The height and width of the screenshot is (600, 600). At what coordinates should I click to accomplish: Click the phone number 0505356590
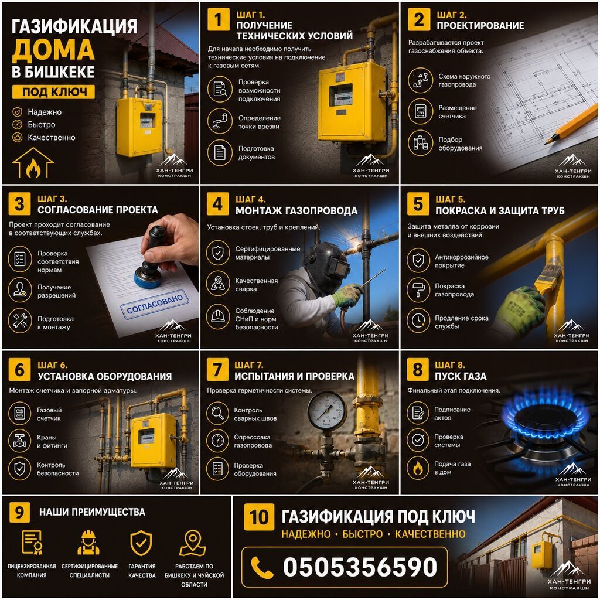pyautogui.click(x=360, y=567)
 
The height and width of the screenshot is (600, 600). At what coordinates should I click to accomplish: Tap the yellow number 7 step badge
pyautogui.click(x=217, y=370)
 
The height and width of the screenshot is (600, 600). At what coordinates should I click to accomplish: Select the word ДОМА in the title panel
pyautogui.click(x=53, y=50)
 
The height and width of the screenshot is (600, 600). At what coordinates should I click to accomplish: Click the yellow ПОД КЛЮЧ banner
pyautogui.click(x=53, y=92)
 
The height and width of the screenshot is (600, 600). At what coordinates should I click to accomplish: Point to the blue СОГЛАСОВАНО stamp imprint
pyautogui.click(x=155, y=304)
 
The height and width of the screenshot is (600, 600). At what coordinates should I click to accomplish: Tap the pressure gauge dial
pyautogui.click(x=327, y=410)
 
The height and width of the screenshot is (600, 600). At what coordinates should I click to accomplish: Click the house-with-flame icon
pyautogui.click(x=33, y=163)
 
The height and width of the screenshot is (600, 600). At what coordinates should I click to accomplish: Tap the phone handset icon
pyautogui.click(x=262, y=567)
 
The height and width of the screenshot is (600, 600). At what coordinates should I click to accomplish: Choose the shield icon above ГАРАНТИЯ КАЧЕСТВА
pyautogui.click(x=141, y=543)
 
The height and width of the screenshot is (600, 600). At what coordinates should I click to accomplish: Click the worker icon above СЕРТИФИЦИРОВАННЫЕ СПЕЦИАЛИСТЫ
pyautogui.click(x=88, y=542)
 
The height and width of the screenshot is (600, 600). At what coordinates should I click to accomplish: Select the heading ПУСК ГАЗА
pyautogui.click(x=461, y=377)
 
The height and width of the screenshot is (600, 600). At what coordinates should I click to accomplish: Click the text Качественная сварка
pyautogui.click(x=257, y=285)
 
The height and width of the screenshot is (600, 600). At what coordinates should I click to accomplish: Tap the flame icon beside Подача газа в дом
pyautogui.click(x=418, y=468)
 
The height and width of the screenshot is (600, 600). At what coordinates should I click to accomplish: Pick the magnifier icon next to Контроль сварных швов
pyautogui.click(x=217, y=414)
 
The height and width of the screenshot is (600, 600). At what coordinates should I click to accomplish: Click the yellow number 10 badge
pyautogui.click(x=259, y=517)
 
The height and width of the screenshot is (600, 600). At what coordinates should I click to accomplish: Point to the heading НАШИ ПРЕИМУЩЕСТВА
pyautogui.click(x=92, y=512)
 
